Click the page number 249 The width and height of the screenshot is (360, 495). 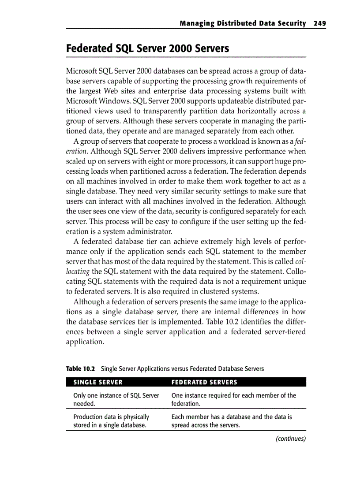(319, 23)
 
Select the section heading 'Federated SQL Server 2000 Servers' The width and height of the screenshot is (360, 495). (147, 48)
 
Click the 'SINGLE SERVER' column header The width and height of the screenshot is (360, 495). (98, 382)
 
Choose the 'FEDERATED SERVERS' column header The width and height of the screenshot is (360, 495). (204, 382)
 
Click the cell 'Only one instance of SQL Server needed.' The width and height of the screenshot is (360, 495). (116, 399)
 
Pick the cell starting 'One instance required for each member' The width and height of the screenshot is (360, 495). (233, 399)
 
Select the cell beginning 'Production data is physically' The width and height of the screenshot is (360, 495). (111, 421)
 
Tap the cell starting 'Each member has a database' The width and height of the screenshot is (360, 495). (231, 421)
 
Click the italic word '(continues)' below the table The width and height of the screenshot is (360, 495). (290, 439)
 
